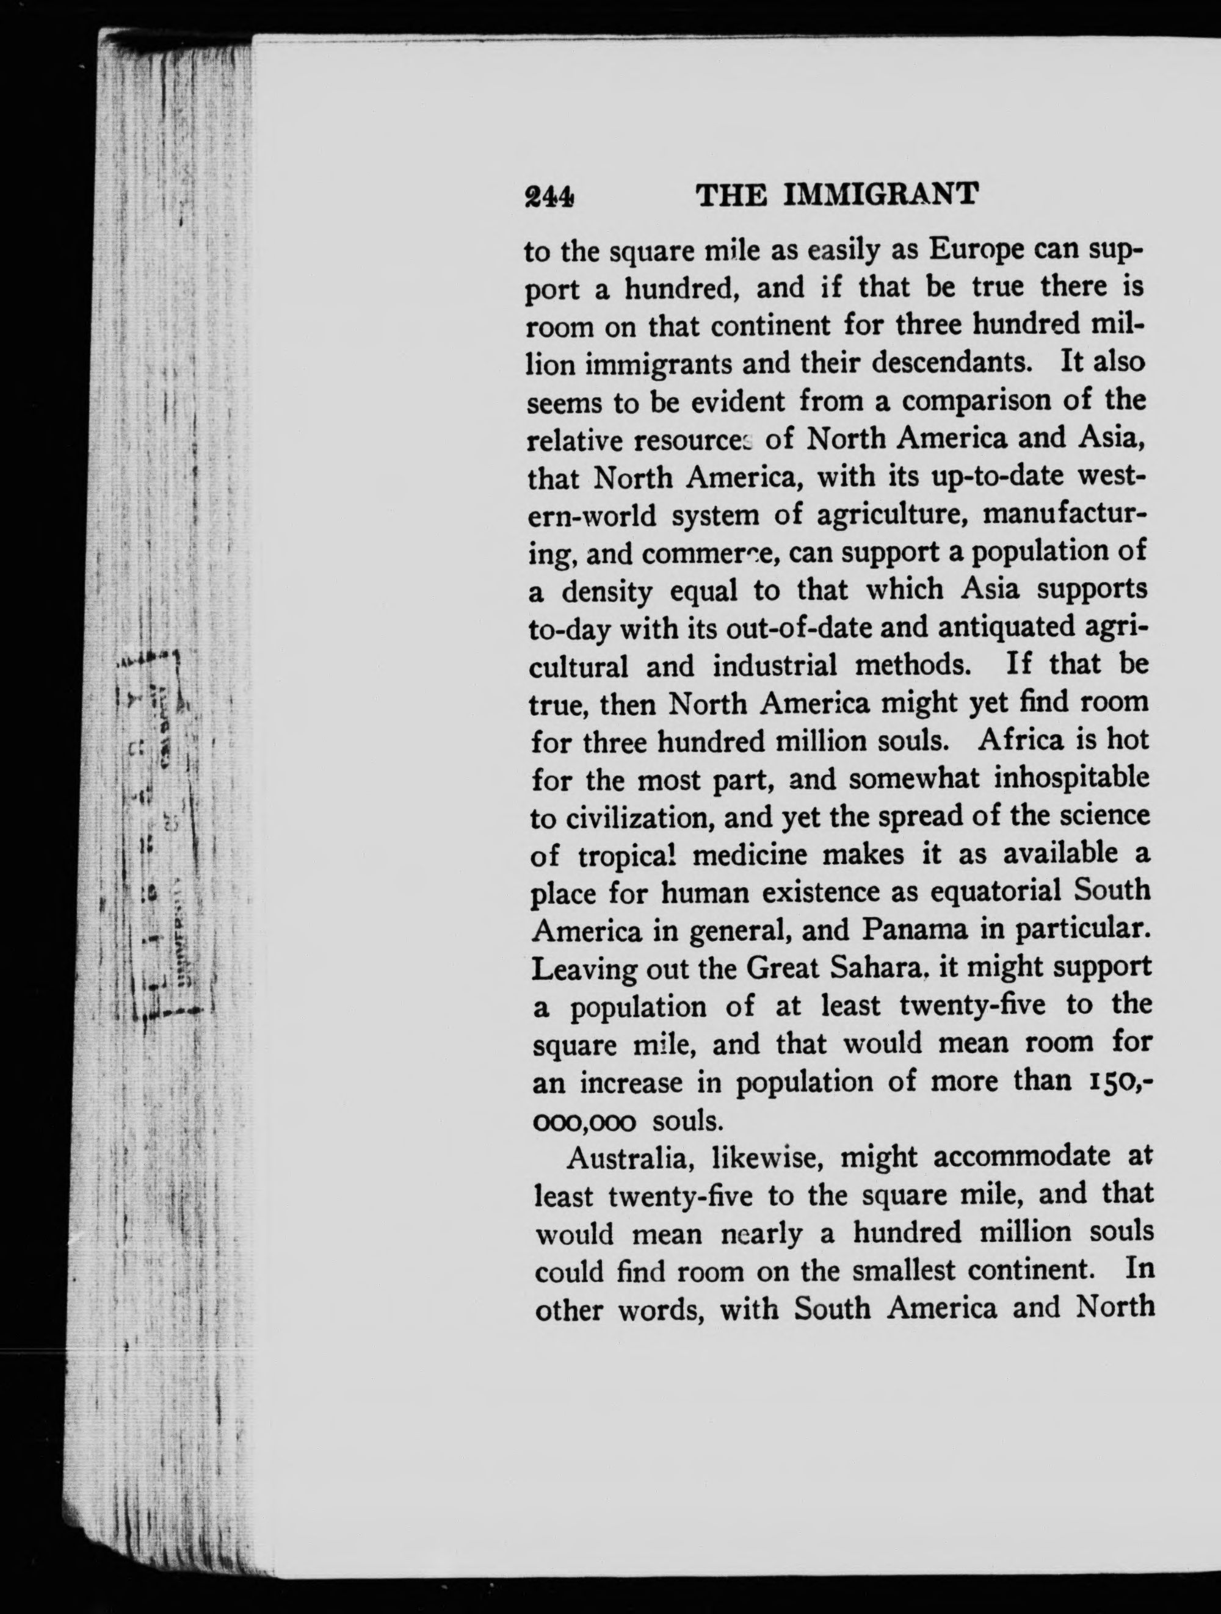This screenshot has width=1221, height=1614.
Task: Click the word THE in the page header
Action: pyautogui.click(x=732, y=195)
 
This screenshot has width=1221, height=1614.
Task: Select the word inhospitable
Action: pyautogui.click(x=1071, y=779)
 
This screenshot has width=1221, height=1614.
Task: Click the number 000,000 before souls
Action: pyautogui.click(x=585, y=1122)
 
